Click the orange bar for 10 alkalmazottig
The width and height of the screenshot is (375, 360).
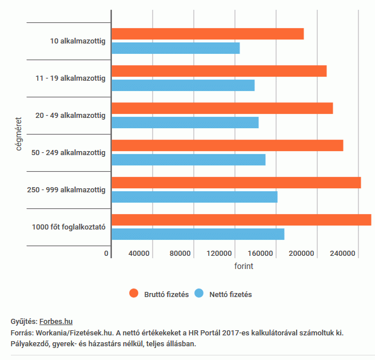point(208,34)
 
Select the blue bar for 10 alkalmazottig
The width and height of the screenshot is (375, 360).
point(175,48)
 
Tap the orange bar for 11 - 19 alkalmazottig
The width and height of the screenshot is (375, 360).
point(219,71)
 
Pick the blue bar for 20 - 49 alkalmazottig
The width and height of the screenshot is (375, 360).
point(185,122)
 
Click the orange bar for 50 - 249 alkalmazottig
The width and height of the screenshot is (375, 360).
point(228,145)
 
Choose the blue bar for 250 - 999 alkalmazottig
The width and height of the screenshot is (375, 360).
point(194,197)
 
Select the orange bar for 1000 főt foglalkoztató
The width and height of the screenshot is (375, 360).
point(241,220)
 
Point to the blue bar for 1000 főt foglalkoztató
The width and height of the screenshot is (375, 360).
point(198,234)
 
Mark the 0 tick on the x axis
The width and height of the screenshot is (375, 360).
point(106,254)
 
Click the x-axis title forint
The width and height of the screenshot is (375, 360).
point(244,266)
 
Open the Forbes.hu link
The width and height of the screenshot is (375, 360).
point(56,322)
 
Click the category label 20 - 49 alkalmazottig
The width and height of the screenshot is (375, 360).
point(70,116)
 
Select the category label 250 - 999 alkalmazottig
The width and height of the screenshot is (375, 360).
point(66,190)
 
